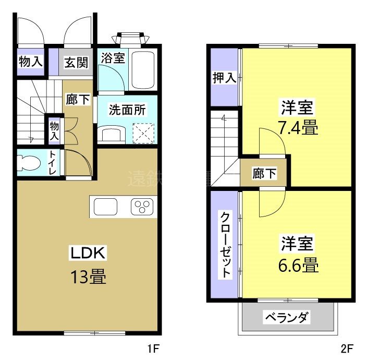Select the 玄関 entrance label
click(76, 63)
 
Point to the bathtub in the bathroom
click(142, 70)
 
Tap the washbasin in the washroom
click(112, 135)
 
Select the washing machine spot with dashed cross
click(144, 133)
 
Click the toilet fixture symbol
click(28, 163)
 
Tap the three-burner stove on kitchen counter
click(142, 207)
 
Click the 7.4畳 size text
click(297, 127)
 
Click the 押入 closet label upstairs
click(224, 78)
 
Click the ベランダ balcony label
click(287, 317)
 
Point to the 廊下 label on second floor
click(264, 174)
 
